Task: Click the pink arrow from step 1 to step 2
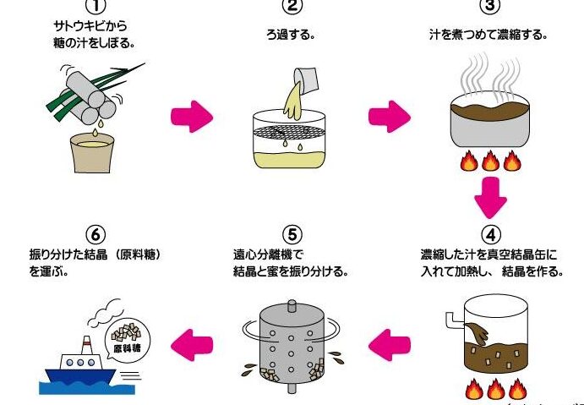[190, 118]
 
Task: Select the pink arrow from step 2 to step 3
[387, 118]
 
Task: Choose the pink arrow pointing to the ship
[190, 343]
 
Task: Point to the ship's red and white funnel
[85, 347]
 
